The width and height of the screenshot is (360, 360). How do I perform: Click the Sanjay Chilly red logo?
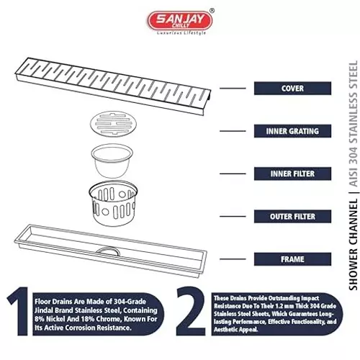(x=180, y=21)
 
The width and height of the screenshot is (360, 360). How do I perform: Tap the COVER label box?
(x=292, y=89)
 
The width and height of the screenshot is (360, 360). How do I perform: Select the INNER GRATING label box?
(x=292, y=131)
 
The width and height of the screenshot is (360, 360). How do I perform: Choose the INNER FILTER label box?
(x=292, y=174)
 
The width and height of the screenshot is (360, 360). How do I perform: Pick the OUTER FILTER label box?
(x=292, y=217)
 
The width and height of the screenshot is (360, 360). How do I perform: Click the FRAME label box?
(x=292, y=259)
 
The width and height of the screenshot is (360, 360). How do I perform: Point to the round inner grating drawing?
(x=113, y=124)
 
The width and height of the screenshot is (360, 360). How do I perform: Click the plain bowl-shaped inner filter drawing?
(x=112, y=161)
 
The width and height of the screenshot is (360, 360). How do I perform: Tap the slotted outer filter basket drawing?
(x=113, y=204)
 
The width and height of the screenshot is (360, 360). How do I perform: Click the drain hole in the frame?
(x=108, y=250)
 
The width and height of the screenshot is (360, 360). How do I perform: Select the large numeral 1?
(x=19, y=311)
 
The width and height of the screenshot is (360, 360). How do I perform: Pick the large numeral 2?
(x=191, y=311)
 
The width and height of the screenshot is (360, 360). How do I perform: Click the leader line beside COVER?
(x=233, y=89)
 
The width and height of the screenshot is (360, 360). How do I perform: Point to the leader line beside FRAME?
(x=233, y=259)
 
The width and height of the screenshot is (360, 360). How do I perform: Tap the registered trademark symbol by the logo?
(x=212, y=11)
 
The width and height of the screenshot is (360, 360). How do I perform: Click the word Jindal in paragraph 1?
(x=44, y=310)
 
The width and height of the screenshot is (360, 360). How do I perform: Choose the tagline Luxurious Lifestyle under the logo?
(x=181, y=33)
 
